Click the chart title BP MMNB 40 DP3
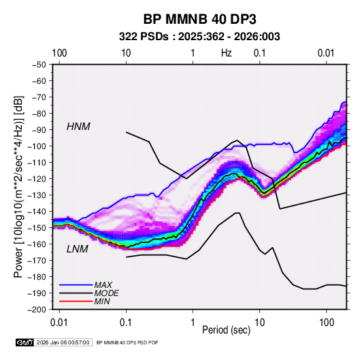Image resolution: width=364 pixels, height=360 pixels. pos(199,19)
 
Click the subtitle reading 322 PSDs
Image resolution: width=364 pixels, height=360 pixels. pos(144,37)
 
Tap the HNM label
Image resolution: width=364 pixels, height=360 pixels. pos(78,127)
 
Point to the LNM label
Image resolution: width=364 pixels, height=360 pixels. pos(78,249)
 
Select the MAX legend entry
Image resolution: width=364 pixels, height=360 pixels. pos(103,284)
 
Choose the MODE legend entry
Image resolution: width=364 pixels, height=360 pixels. pos(106,293)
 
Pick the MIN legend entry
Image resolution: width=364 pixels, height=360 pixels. pos(102,301)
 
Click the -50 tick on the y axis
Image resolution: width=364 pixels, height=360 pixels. pos(39,65)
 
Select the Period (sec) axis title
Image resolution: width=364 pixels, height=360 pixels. pos(227,330)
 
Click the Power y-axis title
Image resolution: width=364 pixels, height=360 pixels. pos(18,187)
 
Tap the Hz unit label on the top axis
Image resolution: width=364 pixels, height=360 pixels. pos(226,53)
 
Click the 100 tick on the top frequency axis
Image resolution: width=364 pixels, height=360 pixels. pos(59,53)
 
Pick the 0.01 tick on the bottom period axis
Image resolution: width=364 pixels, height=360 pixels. pos(59,323)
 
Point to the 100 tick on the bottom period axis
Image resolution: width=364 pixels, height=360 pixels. pos(327,323)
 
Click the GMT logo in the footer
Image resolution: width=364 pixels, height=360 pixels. pos(24,342)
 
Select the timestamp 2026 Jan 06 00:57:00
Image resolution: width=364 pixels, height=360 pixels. pos(63,342)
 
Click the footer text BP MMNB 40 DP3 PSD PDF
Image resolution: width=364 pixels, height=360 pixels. pos(127,342)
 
